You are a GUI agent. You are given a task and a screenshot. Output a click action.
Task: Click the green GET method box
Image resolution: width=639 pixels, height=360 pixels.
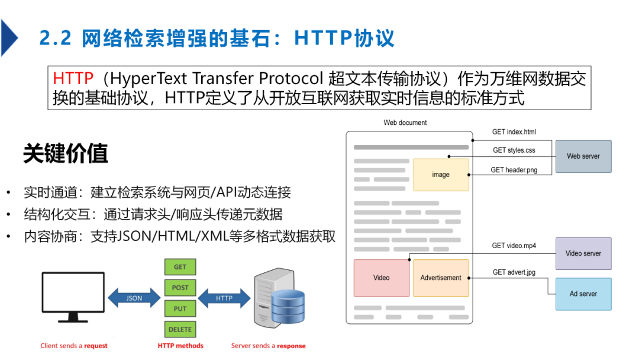tap(180, 267)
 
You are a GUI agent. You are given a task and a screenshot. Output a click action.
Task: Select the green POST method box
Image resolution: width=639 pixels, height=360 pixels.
tap(180, 288)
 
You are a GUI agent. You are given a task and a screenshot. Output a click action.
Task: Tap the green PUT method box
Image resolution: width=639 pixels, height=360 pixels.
tap(180, 308)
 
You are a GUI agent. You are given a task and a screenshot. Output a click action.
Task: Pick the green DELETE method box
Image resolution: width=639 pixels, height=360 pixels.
tap(180, 329)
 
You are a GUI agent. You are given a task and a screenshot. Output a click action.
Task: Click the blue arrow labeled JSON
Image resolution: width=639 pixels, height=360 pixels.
tap(134, 298)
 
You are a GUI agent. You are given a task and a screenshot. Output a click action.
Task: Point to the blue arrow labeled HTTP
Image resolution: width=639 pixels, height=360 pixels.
tap(224, 298)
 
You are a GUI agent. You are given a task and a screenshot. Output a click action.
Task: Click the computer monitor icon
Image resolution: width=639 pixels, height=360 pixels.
tap(73, 297)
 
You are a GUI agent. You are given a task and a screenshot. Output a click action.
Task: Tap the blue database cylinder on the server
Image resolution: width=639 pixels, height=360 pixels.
tap(288, 307)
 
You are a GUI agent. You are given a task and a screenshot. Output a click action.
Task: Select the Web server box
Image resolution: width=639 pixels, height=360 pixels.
tap(583, 156)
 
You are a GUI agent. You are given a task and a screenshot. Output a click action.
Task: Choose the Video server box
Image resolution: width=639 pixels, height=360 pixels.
tap(583, 253)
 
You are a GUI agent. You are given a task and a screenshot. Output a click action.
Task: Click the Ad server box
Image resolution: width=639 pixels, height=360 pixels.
tap(583, 294)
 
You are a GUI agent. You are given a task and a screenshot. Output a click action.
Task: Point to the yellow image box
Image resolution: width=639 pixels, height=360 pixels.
tap(441, 175)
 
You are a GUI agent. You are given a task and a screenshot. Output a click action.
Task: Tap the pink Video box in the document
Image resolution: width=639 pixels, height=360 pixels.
tap(382, 278)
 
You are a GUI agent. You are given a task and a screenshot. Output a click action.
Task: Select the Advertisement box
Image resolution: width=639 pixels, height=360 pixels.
tap(441, 278)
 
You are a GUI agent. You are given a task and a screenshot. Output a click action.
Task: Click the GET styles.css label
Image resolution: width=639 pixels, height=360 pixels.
tap(514, 150)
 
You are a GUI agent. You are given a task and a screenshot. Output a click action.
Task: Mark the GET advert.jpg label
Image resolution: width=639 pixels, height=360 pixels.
tap(514, 272)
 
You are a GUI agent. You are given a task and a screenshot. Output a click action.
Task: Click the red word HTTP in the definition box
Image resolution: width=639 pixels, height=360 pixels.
tap(73, 78)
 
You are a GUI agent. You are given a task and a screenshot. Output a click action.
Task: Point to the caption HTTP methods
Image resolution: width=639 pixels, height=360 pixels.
tap(180, 346)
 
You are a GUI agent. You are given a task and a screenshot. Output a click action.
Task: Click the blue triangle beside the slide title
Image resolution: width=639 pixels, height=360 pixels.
tap(9, 38)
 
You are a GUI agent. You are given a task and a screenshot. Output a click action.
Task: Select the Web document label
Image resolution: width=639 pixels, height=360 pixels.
tap(405, 123)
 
